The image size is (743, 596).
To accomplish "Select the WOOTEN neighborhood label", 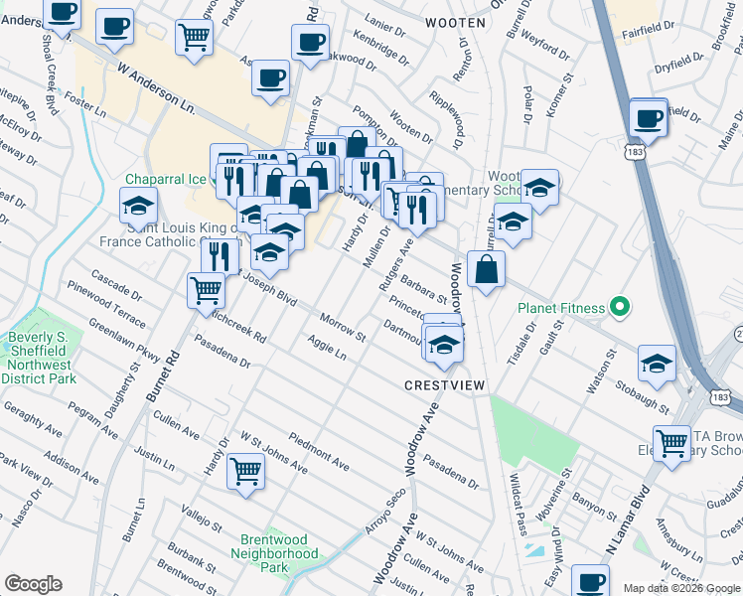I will tap(455, 22).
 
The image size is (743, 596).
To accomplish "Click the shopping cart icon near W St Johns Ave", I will tap(245, 470).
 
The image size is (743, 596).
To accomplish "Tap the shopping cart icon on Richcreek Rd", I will tap(206, 289).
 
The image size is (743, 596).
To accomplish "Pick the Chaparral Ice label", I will tap(165, 179).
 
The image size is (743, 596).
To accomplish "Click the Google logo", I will tap(33, 584).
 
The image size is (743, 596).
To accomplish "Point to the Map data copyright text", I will tap(682, 588).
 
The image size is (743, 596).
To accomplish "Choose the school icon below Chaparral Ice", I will tap(139, 207).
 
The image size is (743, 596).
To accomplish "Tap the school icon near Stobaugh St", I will tap(657, 363).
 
